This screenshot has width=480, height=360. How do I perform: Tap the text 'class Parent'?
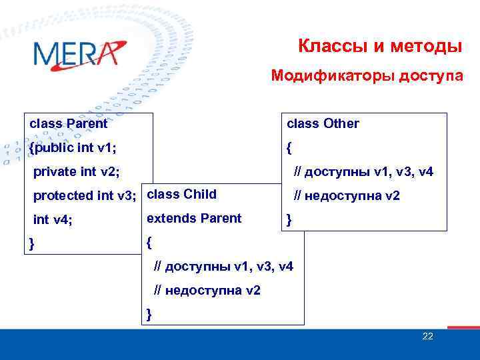[x=69, y=123]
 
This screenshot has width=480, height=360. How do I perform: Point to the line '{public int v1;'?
[x=79, y=147]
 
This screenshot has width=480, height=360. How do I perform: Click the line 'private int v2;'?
[x=77, y=171]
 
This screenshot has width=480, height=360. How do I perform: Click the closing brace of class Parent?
[x=31, y=243]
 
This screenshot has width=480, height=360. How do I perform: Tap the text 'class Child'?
[x=181, y=195]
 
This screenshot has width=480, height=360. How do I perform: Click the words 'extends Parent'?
[x=194, y=218]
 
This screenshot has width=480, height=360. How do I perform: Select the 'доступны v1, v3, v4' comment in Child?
[x=223, y=267]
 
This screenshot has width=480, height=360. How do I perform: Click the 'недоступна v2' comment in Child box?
[x=207, y=291]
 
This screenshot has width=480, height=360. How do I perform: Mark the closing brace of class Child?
[x=149, y=314]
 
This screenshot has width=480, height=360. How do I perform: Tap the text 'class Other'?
[x=323, y=123]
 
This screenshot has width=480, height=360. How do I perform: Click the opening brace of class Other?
[x=289, y=147]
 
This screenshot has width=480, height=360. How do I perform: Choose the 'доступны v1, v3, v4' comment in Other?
[x=364, y=172]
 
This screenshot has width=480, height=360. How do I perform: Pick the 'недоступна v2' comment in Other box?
[x=347, y=195]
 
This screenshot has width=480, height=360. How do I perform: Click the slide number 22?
[x=427, y=336]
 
